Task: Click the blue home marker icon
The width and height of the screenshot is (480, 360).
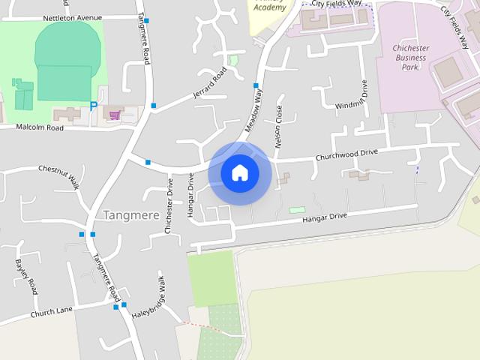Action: [240, 173]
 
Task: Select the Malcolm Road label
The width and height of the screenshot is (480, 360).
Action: [31, 127]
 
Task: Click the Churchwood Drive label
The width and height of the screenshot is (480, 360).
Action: [346, 154]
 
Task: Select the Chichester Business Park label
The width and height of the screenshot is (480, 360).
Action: [411, 58]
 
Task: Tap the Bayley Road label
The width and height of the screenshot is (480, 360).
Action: [20, 274]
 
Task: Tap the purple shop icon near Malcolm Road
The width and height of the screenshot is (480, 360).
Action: [114, 115]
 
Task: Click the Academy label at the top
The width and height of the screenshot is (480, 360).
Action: [269, 7]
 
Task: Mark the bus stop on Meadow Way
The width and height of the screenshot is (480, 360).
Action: [256, 85]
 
